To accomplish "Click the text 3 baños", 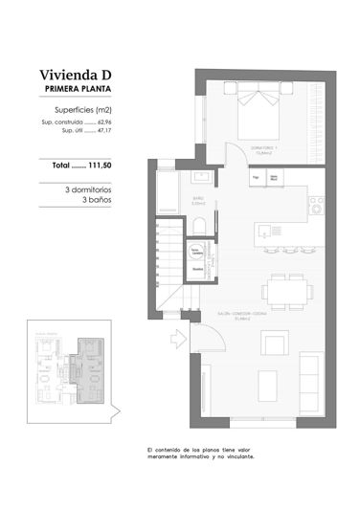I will [x=97, y=200].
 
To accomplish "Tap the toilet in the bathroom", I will [x=199, y=225].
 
